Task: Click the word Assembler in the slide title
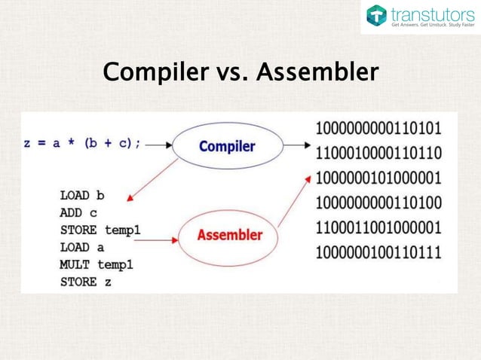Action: [317, 73]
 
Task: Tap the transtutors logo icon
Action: [376, 15]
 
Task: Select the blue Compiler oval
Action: [226, 146]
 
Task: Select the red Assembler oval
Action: [229, 235]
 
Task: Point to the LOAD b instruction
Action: [81, 195]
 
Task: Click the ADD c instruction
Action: [78, 212]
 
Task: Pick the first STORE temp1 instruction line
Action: [100, 230]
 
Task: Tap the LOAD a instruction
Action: [81, 247]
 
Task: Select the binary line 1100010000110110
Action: [378, 151]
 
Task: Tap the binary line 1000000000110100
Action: [378, 202]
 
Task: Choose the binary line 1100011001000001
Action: [378, 227]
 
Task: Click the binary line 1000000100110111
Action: [378, 252]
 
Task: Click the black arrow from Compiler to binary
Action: [293, 145]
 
